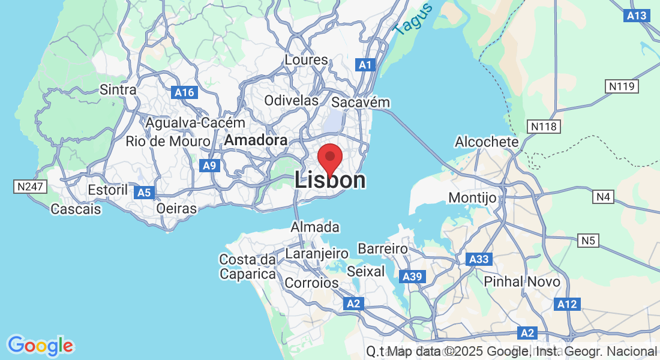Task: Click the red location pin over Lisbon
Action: (329, 158)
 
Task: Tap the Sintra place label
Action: (118, 90)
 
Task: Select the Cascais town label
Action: (76, 209)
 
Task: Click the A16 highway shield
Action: (184, 92)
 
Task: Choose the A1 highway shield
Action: (365, 65)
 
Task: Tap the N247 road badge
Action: (30, 187)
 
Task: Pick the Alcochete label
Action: (487, 142)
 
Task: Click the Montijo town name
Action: (473, 198)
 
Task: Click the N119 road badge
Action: (622, 86)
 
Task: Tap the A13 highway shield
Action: (636, 16)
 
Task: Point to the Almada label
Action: (315, 227)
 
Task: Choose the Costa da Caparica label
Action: (248, 267)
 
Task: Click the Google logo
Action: (40, 346)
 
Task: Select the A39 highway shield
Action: (413, 277)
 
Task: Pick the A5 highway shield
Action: (143, 193)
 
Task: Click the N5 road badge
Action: (589, 241)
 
